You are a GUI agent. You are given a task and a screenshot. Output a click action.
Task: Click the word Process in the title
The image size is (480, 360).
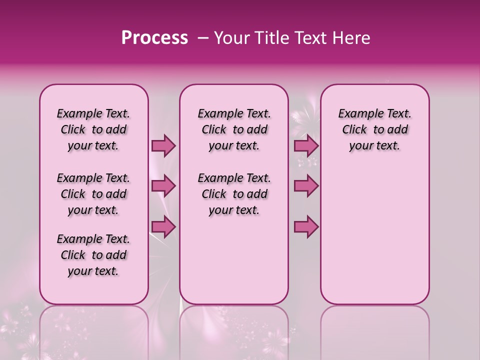tap(154, 38)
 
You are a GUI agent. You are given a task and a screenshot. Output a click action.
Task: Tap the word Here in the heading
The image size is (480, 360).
tap(350, 38)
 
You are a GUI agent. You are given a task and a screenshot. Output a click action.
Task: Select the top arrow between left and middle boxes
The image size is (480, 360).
tap(163, 145)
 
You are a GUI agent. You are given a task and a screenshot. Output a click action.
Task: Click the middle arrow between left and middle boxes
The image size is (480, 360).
tap(163, 186)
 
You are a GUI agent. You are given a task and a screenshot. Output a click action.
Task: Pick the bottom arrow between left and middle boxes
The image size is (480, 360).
tap(163, 226)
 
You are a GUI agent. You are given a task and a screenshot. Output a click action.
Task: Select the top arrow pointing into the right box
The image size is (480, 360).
tap(306, 145)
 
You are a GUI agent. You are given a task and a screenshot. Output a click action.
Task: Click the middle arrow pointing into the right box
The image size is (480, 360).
tap(306, 186)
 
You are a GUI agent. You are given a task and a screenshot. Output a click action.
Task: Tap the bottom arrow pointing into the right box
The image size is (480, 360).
tap(306, 226)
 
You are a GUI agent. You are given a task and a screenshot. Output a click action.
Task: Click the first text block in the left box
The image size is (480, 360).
tap(93, 129)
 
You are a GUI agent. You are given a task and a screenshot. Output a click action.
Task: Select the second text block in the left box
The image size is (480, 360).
tap(93, 194)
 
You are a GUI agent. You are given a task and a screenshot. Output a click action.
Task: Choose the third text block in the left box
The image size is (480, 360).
tap(93, 255)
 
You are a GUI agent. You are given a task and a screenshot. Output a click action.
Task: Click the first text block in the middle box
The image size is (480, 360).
tap(234, 129)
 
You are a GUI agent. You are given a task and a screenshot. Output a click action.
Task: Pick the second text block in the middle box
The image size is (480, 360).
tap(234, 194)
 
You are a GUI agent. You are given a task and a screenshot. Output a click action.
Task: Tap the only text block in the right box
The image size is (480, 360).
tap(374, 129)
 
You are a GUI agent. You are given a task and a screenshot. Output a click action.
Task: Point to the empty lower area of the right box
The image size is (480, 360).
tap(374, 235)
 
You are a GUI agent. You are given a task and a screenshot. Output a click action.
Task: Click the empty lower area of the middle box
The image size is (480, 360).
tap(234, 260)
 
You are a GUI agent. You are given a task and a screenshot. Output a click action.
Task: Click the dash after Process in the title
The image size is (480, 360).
tap(203, 38)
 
